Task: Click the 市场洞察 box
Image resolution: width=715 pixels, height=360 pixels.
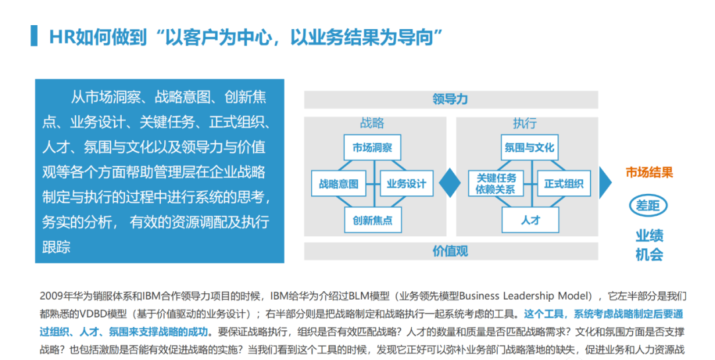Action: coord(372,148)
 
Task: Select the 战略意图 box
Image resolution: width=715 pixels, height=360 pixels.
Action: coord(338,184)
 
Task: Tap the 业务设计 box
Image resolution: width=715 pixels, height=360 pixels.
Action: coord(406,184)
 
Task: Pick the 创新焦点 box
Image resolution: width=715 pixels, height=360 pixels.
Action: coord(372,220)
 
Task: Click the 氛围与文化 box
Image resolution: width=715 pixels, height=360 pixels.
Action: coord(529,148)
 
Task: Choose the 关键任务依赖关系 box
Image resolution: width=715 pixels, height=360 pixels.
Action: coord(496,184)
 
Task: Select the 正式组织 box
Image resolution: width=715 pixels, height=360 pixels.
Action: coord(563,184)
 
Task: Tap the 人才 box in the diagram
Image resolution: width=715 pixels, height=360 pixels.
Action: coord(530,220)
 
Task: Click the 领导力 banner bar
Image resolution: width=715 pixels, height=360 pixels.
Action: coord(450,99)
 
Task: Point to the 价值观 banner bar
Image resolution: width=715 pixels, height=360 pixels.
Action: coord(450,251)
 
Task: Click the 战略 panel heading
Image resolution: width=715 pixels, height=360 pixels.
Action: coord(372,124)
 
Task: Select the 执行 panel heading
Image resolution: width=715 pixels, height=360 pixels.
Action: coord(524,124)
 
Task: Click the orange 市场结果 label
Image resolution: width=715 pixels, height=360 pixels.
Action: coord(649,173)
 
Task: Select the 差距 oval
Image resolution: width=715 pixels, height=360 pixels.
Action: coord(648,205)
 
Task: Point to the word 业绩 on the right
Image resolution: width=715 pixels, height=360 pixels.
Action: coord(649,236)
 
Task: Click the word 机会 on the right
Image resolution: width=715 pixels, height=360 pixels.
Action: coord(649,254)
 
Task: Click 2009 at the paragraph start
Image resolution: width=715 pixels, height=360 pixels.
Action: coord(52,295)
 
